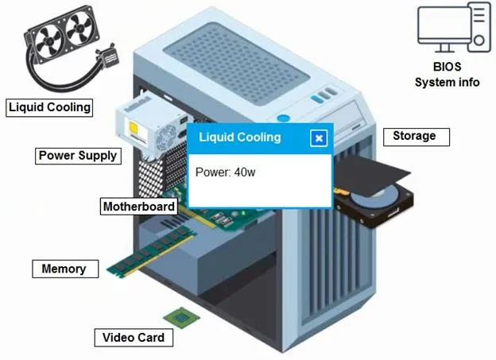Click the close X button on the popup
(x=319, y=138)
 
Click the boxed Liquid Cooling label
(x=49, y=107)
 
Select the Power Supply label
(x=78, y=156)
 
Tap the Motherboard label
(x=139, y=207)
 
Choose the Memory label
(x=65, y=269)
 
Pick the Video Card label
(x=134, y=338)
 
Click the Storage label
(x=417, y=137)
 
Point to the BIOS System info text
(x=447, y=75)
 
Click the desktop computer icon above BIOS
(x=454, y=27)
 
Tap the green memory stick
(x=151, y=252)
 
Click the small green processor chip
(x=181, y=317)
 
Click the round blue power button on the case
(x=283, y=118)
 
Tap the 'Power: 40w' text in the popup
(x=225, y=172)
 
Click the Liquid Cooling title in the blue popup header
(x=240, y=137)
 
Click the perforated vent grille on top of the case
(x=236, y=64)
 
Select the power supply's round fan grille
(x=167, y=137)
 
